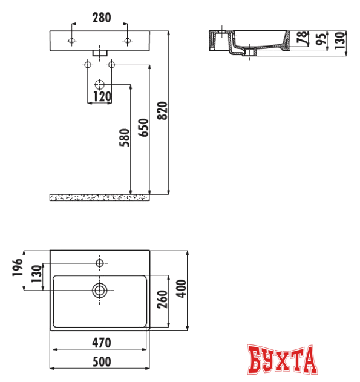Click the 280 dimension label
pyautogui.click(x=100, y=18)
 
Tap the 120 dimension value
pyautogui.click(x=100, y=96)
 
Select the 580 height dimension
pyautogui.click(x=125, y=139)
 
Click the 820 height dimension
pyautogui.click(x=162, y=111)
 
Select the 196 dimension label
pyautogui.click(x=18, y=266)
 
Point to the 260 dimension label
pyautogui.click(x=162, y=300)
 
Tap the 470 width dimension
pyautogui.click(x=101, y=343)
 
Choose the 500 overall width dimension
pyautogui.click(x=101, y=362)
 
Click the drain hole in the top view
pyautogui.click(x=100, y=290)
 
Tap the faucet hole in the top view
pyautogui.click(x=100, y=263)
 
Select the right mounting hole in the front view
pyautogui.click(x=128, y=41)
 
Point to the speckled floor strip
pyautogui.click(x=100, y=197)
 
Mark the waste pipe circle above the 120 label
pyautogui.click(x=100, y=84)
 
